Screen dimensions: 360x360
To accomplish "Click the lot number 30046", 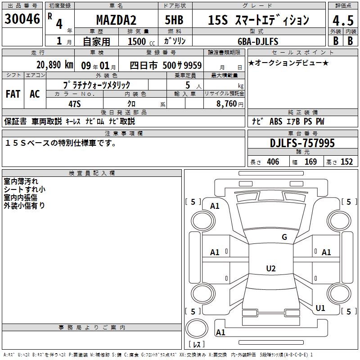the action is pos(22,19).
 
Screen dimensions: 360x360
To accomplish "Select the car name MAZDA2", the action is pos(116,20).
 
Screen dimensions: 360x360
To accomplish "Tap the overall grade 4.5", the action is pos(343,21).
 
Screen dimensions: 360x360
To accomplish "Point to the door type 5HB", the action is pos(174,20).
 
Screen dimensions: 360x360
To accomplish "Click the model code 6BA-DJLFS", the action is pos(258,41).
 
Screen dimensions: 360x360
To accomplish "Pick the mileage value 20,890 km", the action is pos(55,65).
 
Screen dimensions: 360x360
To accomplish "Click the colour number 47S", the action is pos(75,104).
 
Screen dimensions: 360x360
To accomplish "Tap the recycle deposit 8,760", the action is pos(227,103).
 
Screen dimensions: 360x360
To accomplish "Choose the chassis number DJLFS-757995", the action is pos(302,143).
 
